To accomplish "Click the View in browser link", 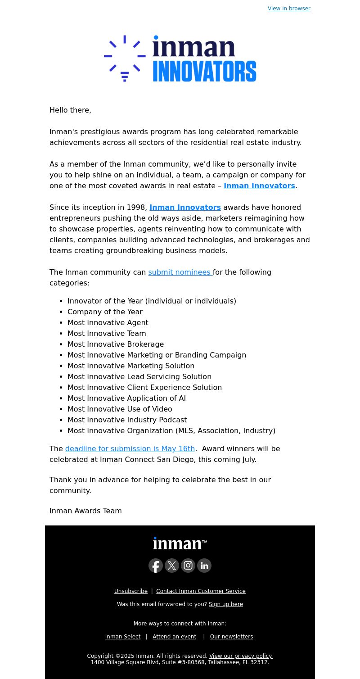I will pos(289,9).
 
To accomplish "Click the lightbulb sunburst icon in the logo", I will pos(125,59).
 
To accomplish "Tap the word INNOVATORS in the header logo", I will pos(204,71).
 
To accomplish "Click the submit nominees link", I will pos(180,272).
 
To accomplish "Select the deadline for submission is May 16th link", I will pos(130,448).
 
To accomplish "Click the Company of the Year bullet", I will pos(105,312).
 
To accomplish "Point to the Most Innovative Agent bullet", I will pos(108,322).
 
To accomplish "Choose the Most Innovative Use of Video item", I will pos(120,409).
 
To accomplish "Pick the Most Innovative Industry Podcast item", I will pos(127,420).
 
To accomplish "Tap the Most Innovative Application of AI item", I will pos(126,398).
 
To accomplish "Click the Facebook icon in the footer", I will pos(156,566).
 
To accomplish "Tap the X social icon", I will pos(172,566).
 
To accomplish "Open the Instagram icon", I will pos(188,566).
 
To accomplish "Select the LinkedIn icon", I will pos(204,566).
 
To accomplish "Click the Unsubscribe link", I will pos(131,591).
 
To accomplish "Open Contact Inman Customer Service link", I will pos(201,591).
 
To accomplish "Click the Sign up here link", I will pos(226,604).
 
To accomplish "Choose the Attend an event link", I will pos(174,637).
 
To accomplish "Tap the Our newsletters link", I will pos(231,637).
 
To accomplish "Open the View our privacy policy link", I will pos(241,656).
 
